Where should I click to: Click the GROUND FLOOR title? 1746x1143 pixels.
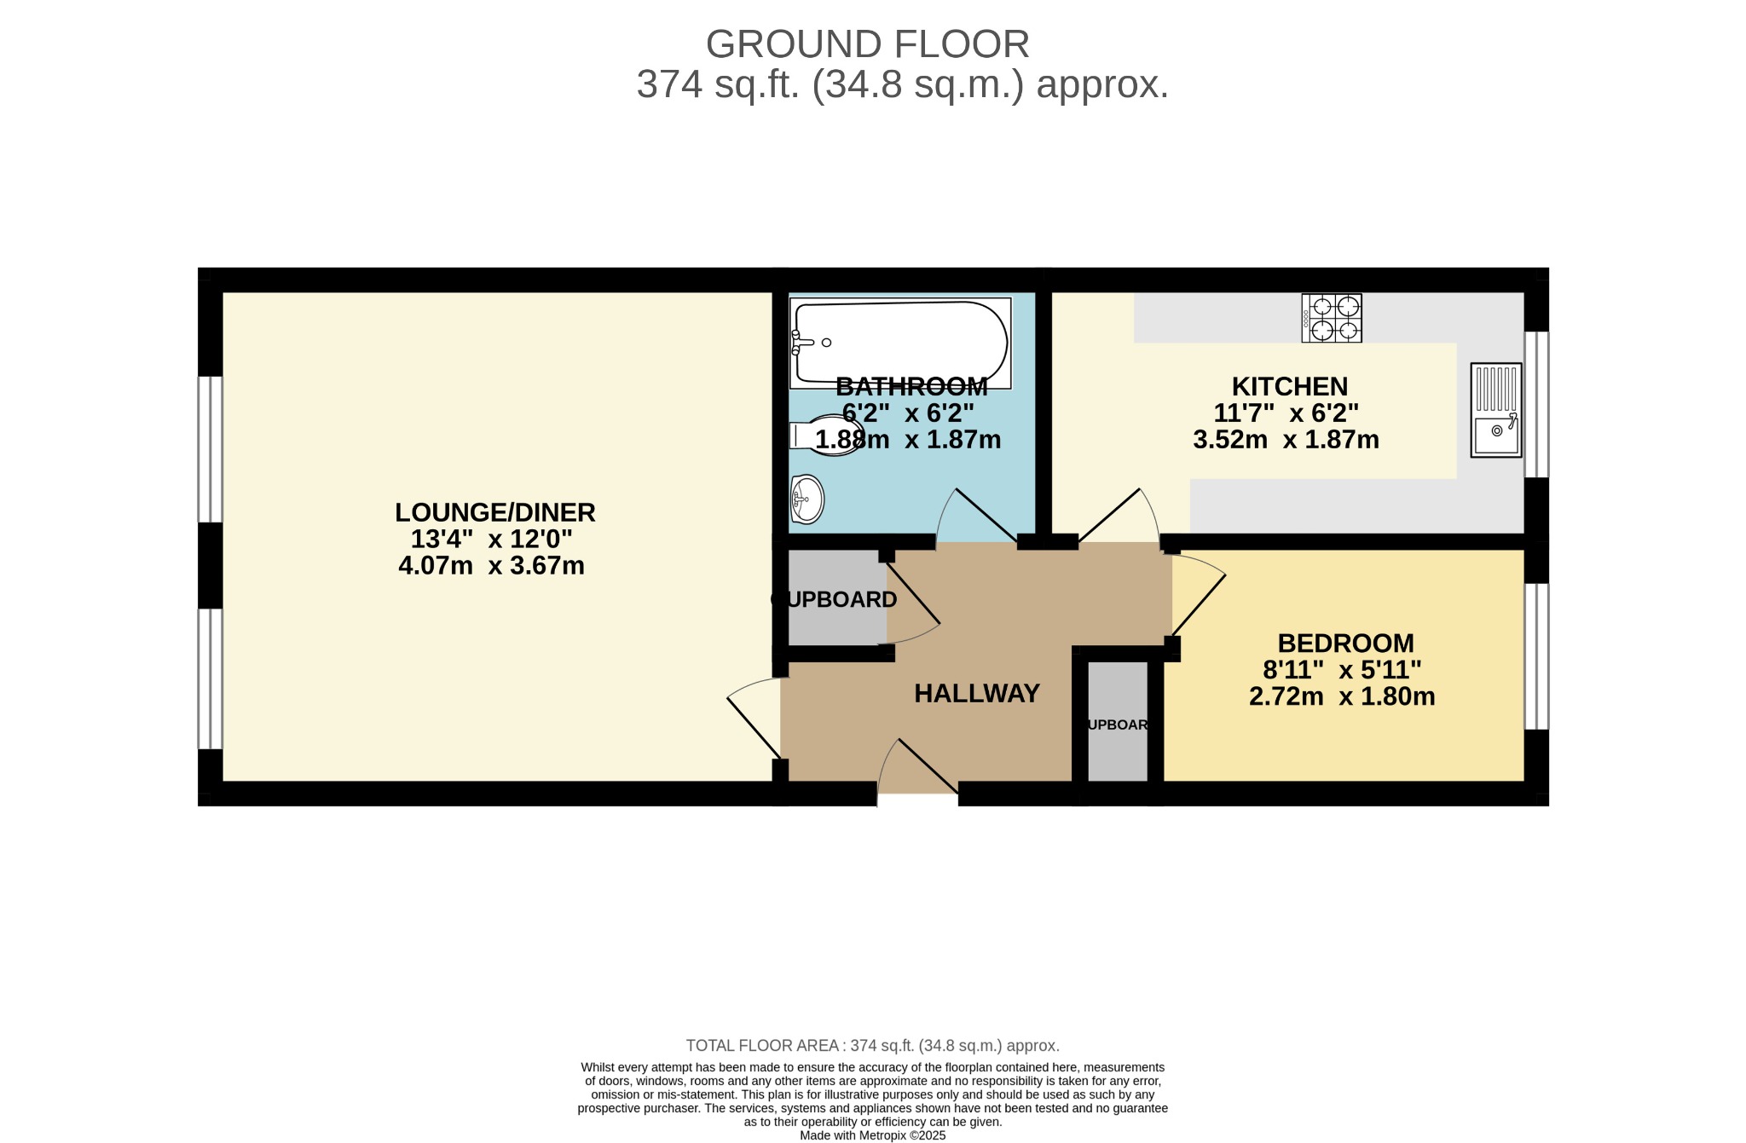pos(867,44)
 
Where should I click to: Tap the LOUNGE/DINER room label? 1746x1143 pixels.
pos(494,512)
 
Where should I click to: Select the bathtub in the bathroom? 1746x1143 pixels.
pos(900,343)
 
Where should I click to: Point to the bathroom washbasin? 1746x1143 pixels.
pos(807,499)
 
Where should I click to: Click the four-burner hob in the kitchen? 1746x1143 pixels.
pos(1332,318)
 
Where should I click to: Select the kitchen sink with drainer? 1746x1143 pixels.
pos(1496,410)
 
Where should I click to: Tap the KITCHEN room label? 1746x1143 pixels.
pos(1290,387)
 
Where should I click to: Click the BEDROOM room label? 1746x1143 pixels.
pos(1345,643)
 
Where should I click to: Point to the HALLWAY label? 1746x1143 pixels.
pos(977,694)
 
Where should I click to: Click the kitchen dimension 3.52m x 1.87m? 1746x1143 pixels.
pos(1286,440)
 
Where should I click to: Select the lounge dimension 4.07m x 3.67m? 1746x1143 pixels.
pos(491,565)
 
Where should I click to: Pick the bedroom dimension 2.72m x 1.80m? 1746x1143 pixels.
pos(1342,696)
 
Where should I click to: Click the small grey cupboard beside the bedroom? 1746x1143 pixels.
pos(1118,721)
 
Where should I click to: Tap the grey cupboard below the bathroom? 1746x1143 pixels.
pos(837,597)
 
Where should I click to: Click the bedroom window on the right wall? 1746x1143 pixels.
pos(1536,656)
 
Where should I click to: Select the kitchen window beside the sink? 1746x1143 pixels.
pos(1536,404)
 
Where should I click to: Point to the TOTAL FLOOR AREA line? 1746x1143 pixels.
pos(873,1046)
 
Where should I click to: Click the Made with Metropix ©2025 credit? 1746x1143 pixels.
pos(873,1135)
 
